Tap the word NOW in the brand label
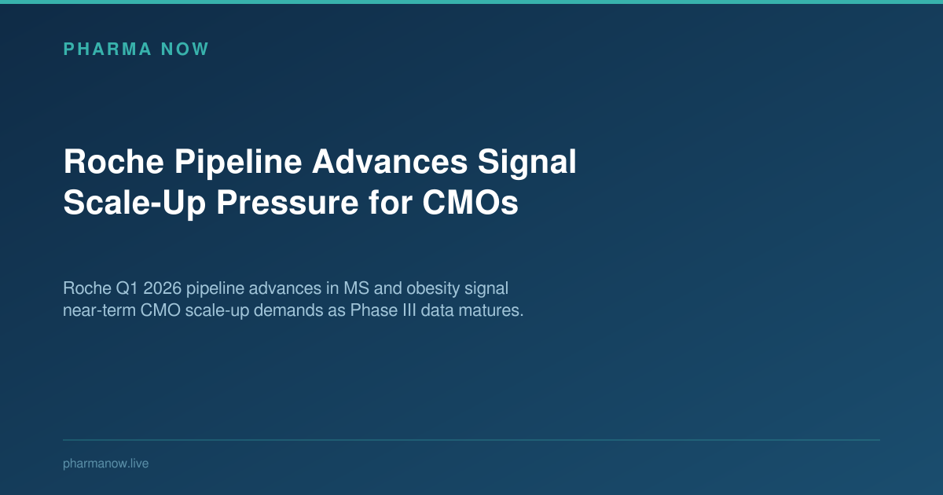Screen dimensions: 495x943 tap(184, 49)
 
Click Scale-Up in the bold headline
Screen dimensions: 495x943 tap(134, 203)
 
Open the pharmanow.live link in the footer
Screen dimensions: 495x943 tap(105, 464)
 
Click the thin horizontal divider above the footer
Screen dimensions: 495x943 tap(472, 440)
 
